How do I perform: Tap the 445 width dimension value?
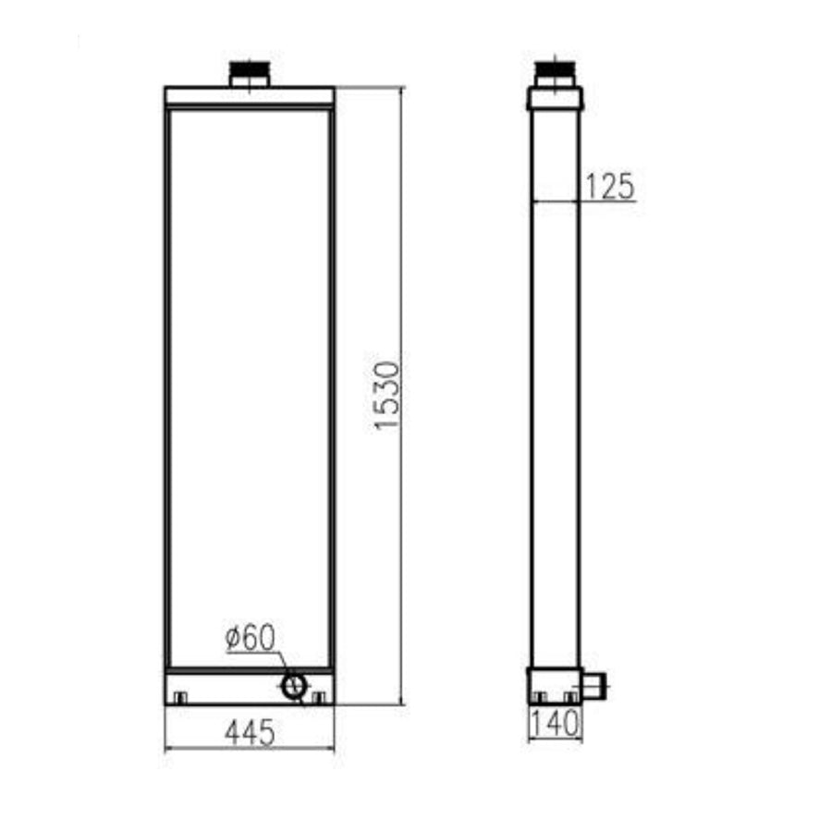(250, 733)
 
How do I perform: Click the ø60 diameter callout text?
(251, 638)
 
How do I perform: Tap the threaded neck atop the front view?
(249, 75)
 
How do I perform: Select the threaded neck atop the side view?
(555, 73)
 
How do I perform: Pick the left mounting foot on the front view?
(180, 697)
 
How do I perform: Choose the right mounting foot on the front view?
(318, 697)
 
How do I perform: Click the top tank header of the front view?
(250, 95)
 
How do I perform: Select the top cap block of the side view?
(555, 98)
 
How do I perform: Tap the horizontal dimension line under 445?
(250, 747)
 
